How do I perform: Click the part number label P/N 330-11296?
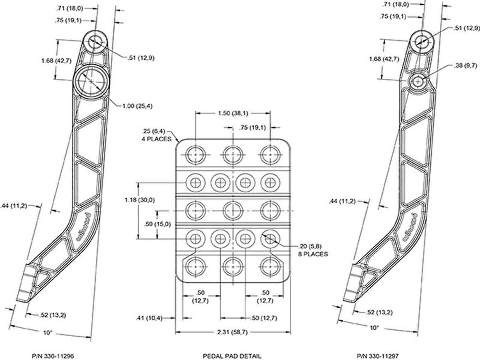(x=53, y=356)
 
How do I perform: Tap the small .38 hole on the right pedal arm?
(x=418, y=80)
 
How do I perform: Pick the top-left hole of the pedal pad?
(x=195, y=154)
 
